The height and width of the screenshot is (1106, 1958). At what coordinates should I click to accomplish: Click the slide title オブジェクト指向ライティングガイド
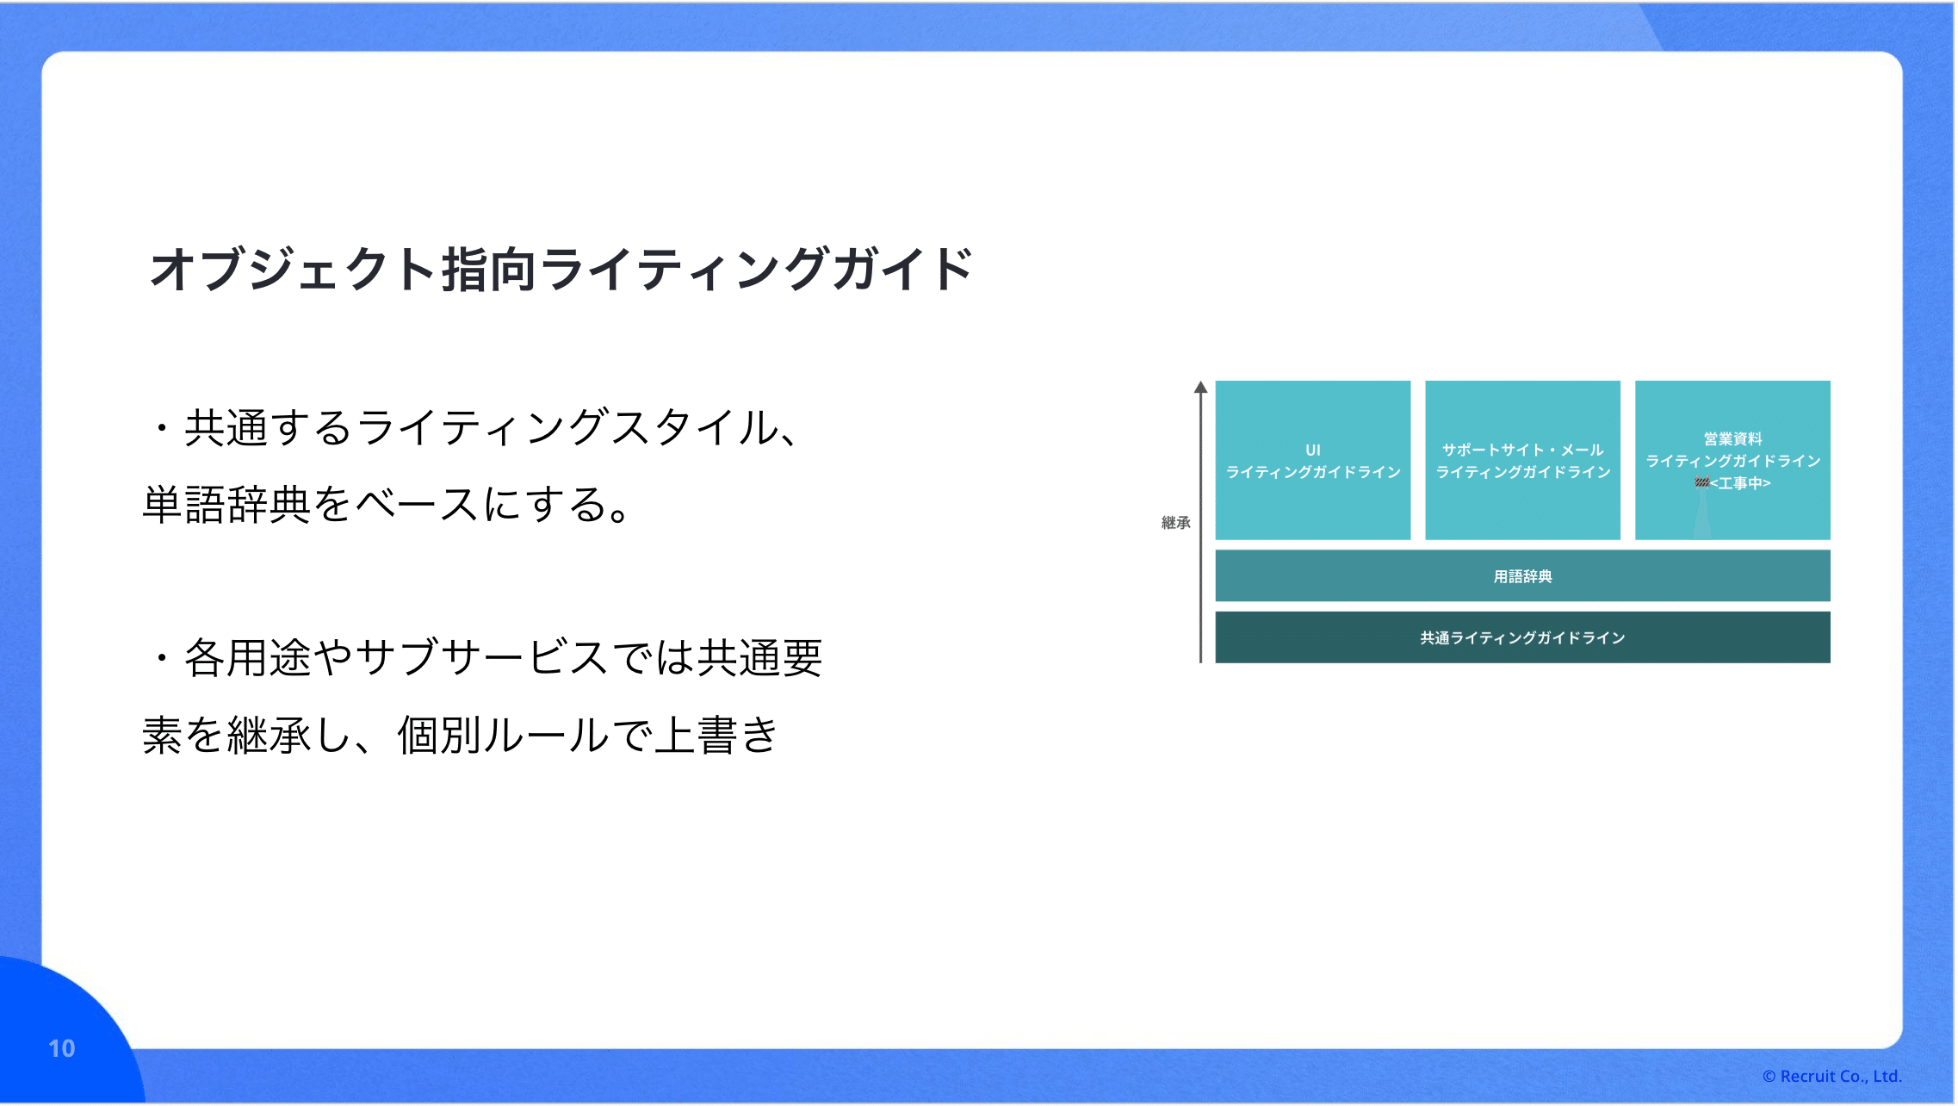(x=561, y=270)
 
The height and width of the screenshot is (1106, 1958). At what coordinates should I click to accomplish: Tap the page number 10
(x=62, y=1048)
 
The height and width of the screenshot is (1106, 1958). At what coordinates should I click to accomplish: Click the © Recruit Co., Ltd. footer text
(x=1831, y=1076)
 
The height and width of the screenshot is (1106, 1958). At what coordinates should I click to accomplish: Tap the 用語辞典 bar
(x=1522, y=576)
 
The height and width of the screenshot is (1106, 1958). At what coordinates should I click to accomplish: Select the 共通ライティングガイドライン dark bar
(x=1522, y=637)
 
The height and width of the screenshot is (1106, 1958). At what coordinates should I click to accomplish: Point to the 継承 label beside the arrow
(x=1175, y=523)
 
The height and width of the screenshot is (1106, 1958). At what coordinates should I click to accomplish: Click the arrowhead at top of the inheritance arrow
(x=1200, y=388)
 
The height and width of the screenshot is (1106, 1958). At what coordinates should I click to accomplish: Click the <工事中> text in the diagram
(x=1740, y=483)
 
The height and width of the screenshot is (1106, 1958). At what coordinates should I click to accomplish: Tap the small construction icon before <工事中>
(x=1701, y=482)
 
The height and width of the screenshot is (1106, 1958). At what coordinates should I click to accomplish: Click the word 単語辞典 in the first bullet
(x=226, y=505)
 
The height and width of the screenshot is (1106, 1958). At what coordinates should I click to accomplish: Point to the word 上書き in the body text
(x=716, y=736)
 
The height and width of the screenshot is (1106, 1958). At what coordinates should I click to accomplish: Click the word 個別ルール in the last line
(x=503, y=736)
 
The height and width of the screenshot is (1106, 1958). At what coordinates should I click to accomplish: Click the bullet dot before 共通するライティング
(x=162, y=428)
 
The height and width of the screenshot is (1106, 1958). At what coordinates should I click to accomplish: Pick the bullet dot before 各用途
(x=162, y=659)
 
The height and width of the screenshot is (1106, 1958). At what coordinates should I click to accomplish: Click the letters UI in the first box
(x=1312, y=450)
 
